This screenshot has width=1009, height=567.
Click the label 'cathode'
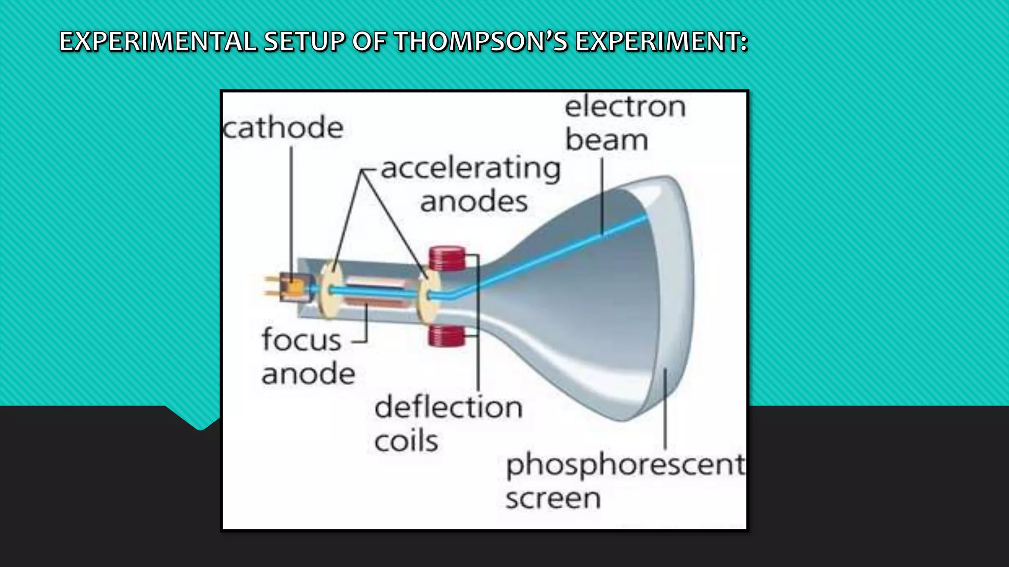(x=283, y=128)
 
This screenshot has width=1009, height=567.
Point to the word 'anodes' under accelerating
(x=473, y=202)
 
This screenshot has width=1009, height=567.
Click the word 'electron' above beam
(x=625, y=107)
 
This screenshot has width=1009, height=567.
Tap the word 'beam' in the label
(x=606, y=140)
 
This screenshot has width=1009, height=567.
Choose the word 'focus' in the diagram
(x=302, y=340)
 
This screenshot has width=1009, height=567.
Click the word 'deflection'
(x=448, y=408)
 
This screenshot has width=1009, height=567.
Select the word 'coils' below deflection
(x=406, y=441)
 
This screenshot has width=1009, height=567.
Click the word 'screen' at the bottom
(x=553, y=499)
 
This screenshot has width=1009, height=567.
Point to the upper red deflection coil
(x=447, y=259)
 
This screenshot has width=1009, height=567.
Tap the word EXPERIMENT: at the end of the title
(x=662, y=41)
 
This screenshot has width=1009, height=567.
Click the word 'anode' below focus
(x=308, y=374)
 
